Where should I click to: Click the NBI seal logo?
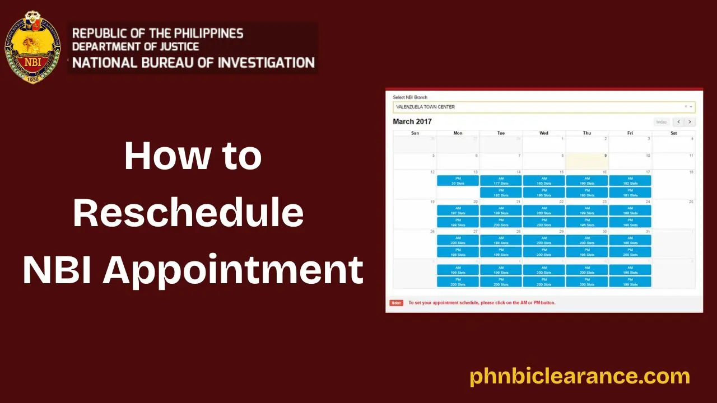coord(32,47)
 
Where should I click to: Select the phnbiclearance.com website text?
coord(580,376)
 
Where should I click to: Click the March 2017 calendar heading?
coord(412,121)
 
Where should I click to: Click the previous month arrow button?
coord(678,122)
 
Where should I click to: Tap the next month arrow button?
coord(690,122)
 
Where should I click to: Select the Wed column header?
coord(544,133)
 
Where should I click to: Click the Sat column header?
coord(673,133)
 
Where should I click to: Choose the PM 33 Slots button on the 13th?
coord(458,181)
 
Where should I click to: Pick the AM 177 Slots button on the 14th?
coord(501,181)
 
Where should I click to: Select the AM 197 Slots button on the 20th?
coord(458,210)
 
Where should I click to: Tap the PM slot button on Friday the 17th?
coord(630,193)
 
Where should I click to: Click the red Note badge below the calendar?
coord(397,303)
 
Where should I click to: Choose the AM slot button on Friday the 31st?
coord(630,240)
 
